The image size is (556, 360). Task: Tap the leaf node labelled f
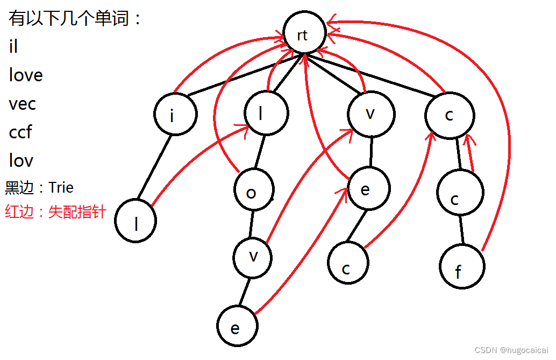coord(461,267)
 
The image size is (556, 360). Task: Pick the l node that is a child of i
coord(136,221)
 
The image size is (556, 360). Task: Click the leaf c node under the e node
coord(348,263)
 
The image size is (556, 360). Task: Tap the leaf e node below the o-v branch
coord(237,326)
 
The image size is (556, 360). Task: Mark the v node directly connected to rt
coord(371,114)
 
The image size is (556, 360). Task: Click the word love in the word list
coord(26,75)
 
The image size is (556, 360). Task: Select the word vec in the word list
coord(23,104)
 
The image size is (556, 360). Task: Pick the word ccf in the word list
coord(20,132)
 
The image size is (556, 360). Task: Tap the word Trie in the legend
coord(61,188)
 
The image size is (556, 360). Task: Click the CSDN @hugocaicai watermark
coord(511,350)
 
